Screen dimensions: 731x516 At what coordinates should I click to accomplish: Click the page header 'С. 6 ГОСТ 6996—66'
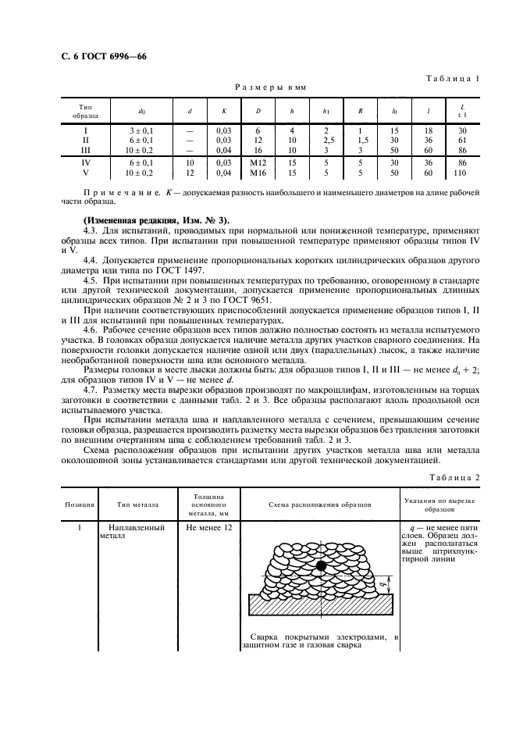pos(93,57)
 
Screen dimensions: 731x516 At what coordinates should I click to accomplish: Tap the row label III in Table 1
pos(85,148)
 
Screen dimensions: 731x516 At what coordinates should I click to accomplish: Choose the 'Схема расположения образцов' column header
pos(321,505)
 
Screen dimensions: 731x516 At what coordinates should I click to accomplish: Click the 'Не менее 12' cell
pos(208,528)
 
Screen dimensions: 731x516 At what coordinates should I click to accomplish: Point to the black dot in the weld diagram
pos(320,565)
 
